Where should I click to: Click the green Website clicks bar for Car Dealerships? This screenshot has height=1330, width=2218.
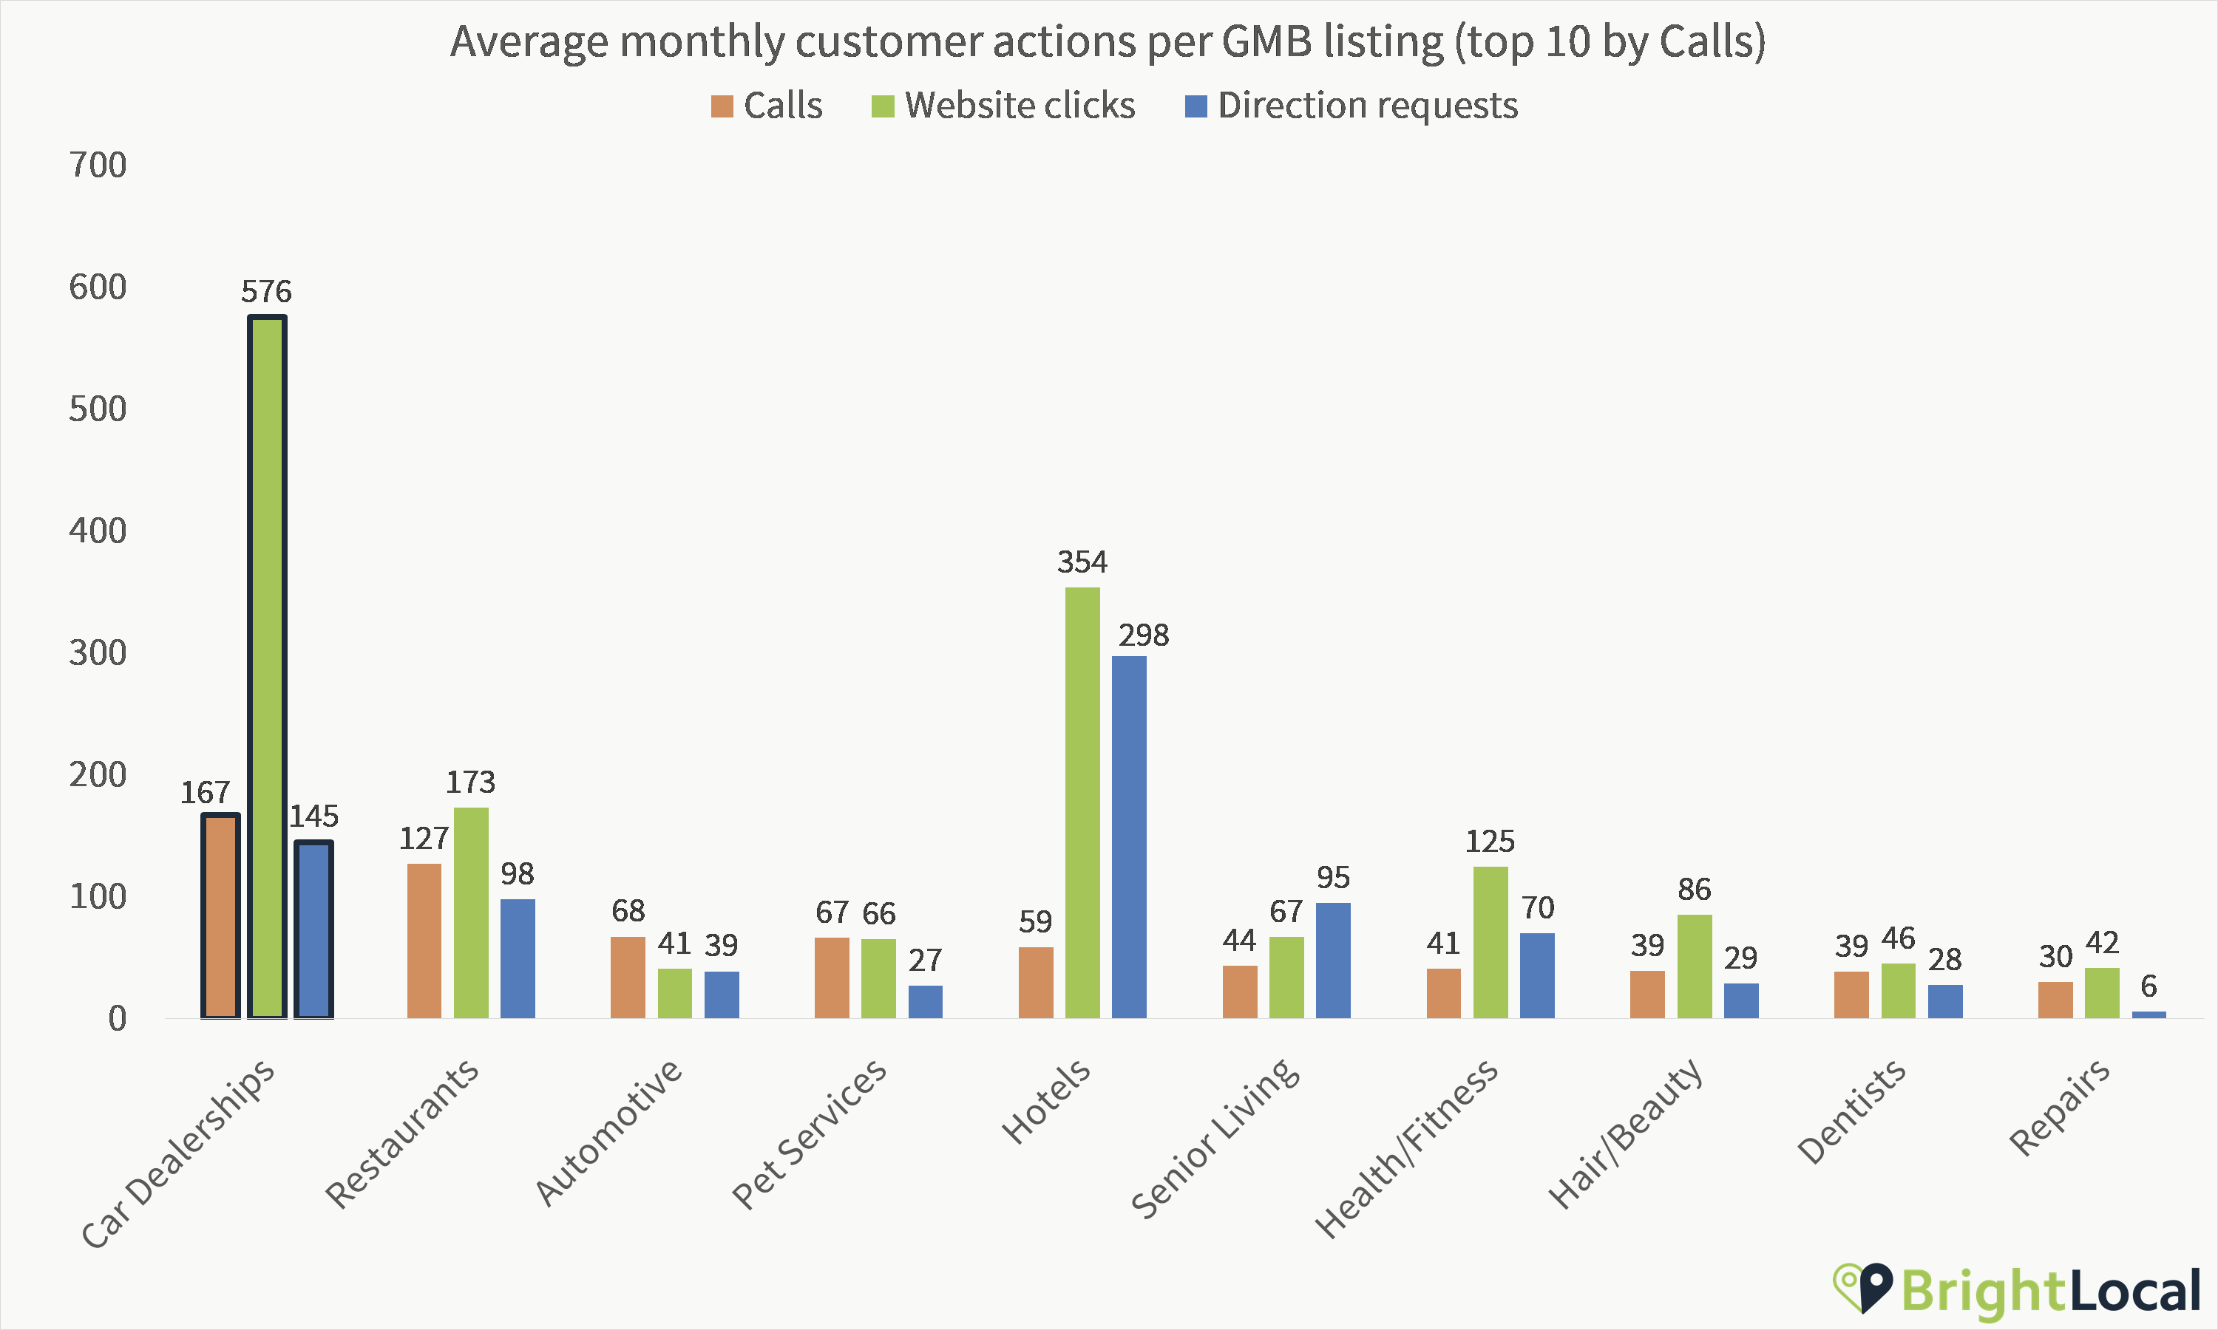tap(267, 668)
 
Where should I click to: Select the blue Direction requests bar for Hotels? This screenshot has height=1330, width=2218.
tap(1129, 837)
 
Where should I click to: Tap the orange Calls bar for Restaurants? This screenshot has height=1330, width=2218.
tap(424, 941)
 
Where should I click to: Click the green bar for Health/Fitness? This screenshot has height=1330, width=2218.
tap(1490, 942)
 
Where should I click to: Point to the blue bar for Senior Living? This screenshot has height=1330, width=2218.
tap(1333, 960)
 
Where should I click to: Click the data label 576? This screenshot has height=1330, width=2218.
tap(266, 291)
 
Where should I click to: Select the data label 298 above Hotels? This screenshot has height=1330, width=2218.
tap(1143, 635)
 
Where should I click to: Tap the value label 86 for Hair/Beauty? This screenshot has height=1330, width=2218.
tap(1695, 889)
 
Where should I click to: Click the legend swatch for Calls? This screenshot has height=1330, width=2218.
tap(722, 106)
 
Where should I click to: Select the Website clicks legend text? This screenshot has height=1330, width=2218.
tap(1020, 106)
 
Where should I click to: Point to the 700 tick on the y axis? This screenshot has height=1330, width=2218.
tap(98, 165)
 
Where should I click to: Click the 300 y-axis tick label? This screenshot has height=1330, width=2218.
tap(98, 652)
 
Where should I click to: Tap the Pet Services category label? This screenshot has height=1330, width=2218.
tap(809, 1133)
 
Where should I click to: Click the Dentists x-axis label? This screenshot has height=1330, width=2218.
tap(1851, 1111)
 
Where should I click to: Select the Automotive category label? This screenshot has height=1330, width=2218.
tap(608, 1132)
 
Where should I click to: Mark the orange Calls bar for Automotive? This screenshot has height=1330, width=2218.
tap(628, 977)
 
